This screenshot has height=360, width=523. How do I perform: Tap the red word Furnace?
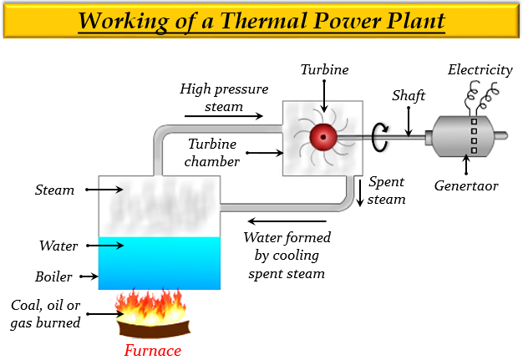pyautogui.click(x=152, y=350)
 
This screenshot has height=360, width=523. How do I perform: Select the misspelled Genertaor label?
pyautogui.click(x=466, y=185)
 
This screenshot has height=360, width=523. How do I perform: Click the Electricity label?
pyautogui.click(x=480, y=69)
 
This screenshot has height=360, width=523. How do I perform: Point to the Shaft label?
pyautogui.click(x=409, y=95)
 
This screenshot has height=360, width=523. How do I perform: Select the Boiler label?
pyautogui.click(x=53, y=276)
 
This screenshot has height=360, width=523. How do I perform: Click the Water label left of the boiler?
pyautogui.click(x=58, y=246)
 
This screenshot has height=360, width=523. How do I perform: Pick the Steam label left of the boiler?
pyautogui.click(x=55, y=190)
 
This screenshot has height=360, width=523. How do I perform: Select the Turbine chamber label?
pyautogui.click(x=213, y=152)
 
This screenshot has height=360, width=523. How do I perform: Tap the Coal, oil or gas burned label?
pyautogui.click(x=45, y=314)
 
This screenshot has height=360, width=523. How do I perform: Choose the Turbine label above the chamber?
pyautogui.click(x=325, y=69)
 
